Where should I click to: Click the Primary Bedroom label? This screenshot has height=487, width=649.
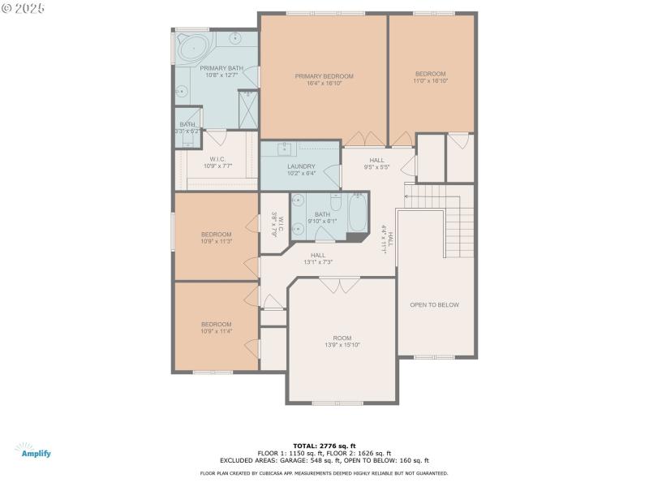click(324, 79)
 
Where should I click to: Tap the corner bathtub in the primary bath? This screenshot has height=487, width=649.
click(193, 48)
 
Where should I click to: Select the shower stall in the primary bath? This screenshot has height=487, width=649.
click(247, 108)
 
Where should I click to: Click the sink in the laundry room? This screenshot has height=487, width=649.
click(286, 149)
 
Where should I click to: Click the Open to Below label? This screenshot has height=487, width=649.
click(434, 305)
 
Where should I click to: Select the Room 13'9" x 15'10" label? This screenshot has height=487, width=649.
click(342, 341)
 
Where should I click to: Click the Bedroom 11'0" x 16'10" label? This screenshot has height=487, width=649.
click(431, 76)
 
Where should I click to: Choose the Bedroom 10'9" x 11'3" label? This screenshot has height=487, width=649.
click(217, 238)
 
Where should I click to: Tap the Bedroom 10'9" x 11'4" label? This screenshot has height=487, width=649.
click(217, 327)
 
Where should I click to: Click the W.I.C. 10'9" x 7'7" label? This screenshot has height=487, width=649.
click(217, 162)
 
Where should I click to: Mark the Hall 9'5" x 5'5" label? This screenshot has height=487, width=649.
click(376, 163)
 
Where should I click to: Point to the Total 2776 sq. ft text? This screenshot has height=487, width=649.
click(324, 446)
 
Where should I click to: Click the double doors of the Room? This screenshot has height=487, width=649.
click(339, 284)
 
